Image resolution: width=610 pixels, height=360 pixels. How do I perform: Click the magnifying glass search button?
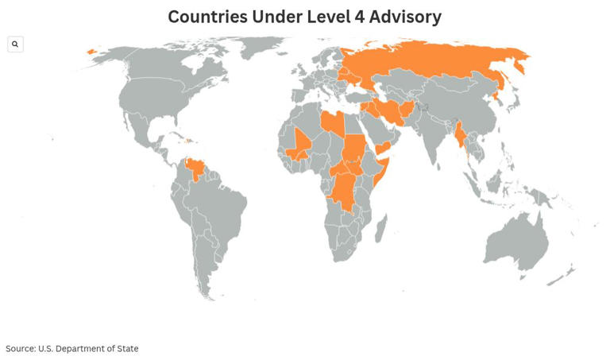point(15,45)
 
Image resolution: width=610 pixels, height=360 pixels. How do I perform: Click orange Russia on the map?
point(429,64)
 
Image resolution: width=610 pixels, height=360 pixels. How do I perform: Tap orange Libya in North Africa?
point(333,123)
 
